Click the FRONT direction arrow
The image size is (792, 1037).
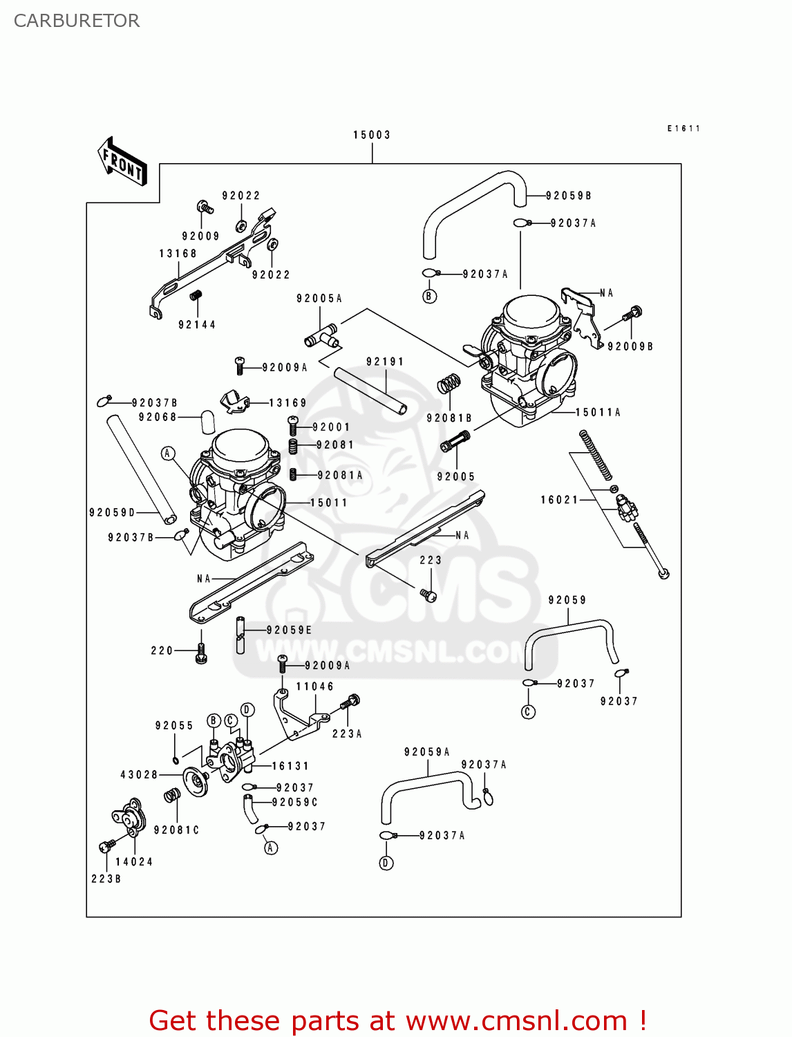click(122, 162)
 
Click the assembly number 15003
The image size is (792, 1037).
click(372, 135)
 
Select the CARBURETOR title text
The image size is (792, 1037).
click(77, 21)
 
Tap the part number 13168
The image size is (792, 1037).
click(178, 254)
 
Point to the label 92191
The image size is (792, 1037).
click(385, 362)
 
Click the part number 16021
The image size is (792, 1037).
click(559, 500)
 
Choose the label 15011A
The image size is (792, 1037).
click(598, 413)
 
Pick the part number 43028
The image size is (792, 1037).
click(140, 775)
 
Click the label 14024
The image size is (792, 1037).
click(134, 862)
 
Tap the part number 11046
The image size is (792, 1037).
click(315, 686)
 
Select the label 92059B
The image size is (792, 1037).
click(569, 196)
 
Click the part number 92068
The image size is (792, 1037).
click(158, 417)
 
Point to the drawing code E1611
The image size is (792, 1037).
click(683, 129)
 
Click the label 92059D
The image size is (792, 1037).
click(113, 512)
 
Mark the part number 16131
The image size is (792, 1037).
click(290, 766)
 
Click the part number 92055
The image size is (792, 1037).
click(174, 726)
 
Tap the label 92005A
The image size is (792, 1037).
click(319, 299)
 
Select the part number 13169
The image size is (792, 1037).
click(287, 403)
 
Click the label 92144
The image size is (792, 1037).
click(197, 325)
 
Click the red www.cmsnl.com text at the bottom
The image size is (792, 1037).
click(516, 1021)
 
